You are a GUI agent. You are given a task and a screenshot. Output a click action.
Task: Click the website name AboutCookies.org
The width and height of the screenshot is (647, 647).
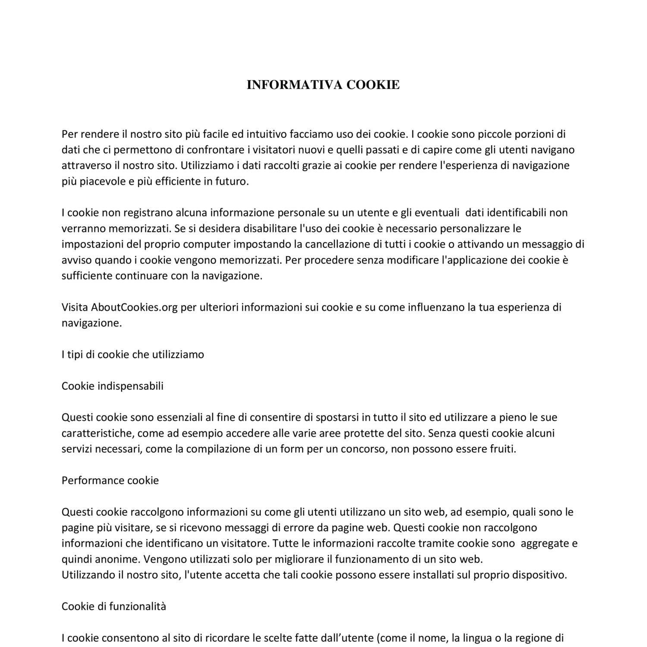134,307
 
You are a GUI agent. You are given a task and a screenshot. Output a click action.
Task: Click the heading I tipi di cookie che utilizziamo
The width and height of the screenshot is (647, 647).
133,355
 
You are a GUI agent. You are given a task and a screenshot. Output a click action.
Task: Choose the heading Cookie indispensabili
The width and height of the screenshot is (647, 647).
113,386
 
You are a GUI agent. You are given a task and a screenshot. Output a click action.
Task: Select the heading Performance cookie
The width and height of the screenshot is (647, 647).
110,481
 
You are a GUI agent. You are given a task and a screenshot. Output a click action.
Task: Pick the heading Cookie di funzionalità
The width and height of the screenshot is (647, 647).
114,606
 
